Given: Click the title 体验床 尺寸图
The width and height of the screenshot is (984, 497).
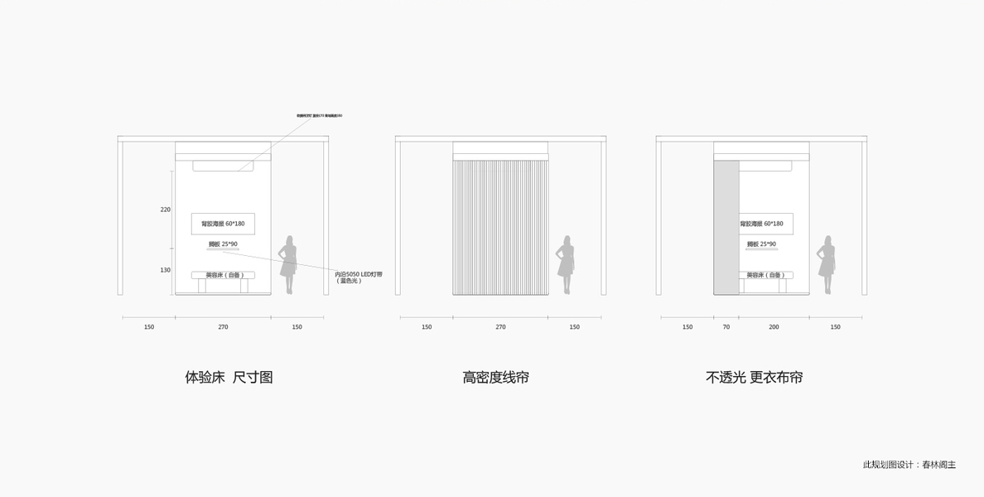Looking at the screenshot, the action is click(x=229, y=378).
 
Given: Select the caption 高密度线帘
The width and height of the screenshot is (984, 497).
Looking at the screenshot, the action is click(x=495, y=378).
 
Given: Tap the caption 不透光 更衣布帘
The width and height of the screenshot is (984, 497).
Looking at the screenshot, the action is click(x=754, y=378).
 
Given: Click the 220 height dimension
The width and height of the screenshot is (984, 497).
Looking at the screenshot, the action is click(x=166, y=210).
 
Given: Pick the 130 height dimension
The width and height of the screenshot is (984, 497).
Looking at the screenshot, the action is click(x=166, y=270).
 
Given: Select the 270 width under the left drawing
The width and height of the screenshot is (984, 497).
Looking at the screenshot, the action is click(x=223, y=327).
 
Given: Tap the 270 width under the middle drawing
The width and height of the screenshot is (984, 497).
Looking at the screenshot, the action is click(x=500, y=327).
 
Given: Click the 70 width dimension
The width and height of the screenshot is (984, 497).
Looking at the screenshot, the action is click(x=726, y=327).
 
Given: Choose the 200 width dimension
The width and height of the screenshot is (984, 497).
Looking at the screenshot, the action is click(x=774, y=327).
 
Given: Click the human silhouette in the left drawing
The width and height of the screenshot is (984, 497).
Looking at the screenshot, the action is click(x=288, y=264).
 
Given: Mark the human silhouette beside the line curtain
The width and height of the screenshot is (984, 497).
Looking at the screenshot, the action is click(x=567, y=264).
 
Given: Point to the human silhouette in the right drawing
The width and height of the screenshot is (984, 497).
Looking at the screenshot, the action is click(x=827, y=264).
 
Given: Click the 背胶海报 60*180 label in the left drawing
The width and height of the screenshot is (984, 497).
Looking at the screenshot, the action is click(x=223, y=224).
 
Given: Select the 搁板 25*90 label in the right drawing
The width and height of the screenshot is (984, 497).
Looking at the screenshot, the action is click(x=761, y=244).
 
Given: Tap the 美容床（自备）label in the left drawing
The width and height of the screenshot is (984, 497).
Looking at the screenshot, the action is click(x=224, y=275).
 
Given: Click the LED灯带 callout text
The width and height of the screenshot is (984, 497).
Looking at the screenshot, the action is click(x=359, y=277).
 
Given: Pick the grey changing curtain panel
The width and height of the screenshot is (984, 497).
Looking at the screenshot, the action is click(x=726, y=227).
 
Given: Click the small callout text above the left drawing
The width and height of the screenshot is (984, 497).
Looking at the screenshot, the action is click(x=319, y=115).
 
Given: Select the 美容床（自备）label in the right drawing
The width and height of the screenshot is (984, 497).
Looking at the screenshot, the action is click(x=765, y=275).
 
